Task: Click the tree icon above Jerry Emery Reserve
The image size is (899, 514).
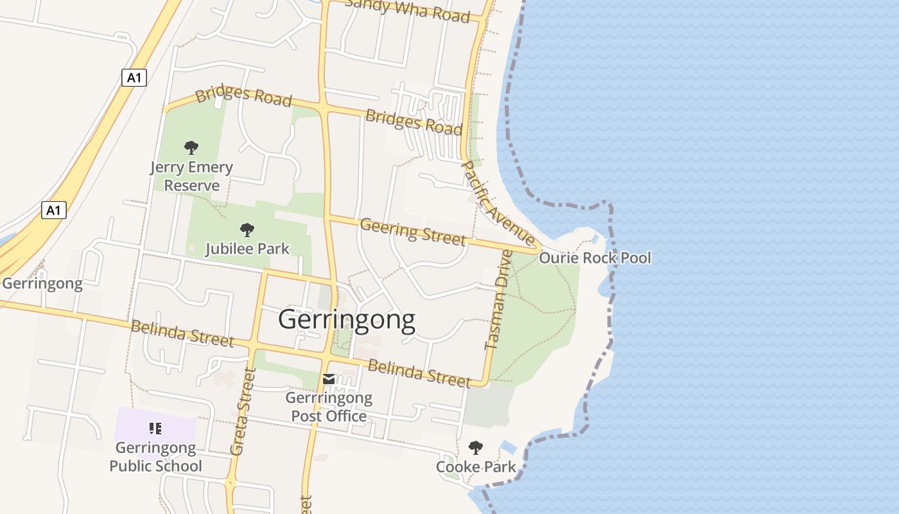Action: (x=191, y=148)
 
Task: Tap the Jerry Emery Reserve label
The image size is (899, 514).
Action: (x=191, y=177)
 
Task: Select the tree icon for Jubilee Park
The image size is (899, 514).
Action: (x=247, y=230)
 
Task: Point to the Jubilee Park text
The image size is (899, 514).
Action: (x=247, y=249)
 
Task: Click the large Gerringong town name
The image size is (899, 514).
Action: (x=347, y=319)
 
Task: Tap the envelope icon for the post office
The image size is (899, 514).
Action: (x=329, y=379)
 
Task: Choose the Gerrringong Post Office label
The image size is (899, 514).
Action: (x=329, y=407)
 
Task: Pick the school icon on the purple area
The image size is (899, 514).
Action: (x=155, y=428)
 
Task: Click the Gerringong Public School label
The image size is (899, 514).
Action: (x=155, y=457)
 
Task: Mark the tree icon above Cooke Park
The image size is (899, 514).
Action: (x=476, y=448)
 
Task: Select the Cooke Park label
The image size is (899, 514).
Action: (x=476, y=466)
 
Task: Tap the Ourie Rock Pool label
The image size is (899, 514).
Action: (x=595, y=258)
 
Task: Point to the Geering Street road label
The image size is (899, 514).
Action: (x=413, y=232)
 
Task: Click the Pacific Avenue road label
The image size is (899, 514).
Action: (x=498, y=203)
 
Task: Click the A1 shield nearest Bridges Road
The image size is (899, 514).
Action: (x=134, y=78)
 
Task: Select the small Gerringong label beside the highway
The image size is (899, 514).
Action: (x=42, y=283)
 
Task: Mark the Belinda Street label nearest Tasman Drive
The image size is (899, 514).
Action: (x=419, y=373)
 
